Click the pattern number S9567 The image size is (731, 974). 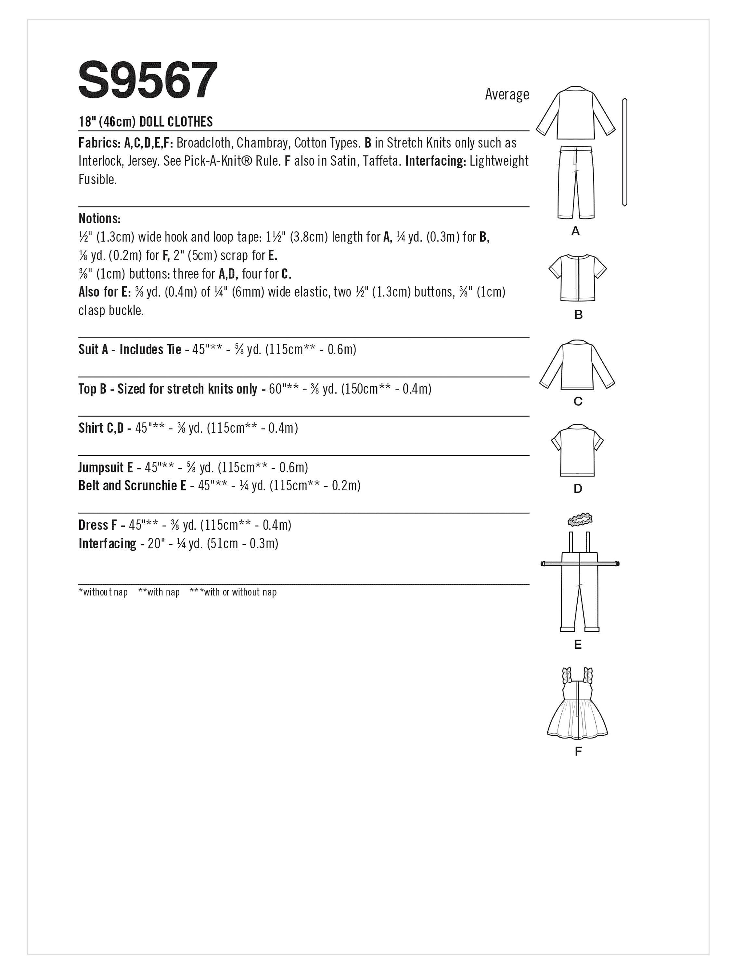point(147,81)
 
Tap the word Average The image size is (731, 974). point(507,94)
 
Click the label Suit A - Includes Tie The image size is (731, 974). point(130,350)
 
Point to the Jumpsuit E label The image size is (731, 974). point(106,467)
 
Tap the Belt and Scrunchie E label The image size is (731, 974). point(132,486)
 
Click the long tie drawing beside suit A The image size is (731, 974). point(624,152)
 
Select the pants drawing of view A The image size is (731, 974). point(575,181)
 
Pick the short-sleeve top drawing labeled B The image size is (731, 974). point(578,277)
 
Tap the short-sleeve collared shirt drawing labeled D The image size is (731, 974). point(577,450)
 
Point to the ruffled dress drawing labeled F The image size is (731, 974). point(577,705)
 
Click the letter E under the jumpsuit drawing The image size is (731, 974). point(578,645)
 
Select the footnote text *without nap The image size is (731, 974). point(103,592)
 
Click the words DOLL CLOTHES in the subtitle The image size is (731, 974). point(176,122)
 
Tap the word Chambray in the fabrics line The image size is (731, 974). point(262,143)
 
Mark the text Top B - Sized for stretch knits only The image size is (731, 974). point(167,389)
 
